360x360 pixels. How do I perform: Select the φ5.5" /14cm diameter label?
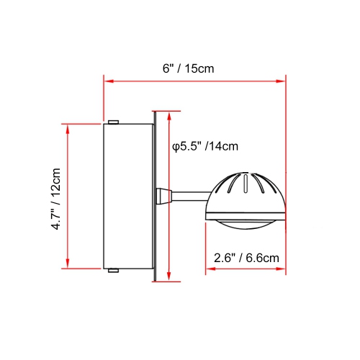click(x=205, y=146)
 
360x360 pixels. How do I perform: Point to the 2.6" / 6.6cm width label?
click(x=246, y=257)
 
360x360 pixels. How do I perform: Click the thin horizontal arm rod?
click(x=191, y=194)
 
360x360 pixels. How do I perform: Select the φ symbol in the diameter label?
click(x=176, y=147)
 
